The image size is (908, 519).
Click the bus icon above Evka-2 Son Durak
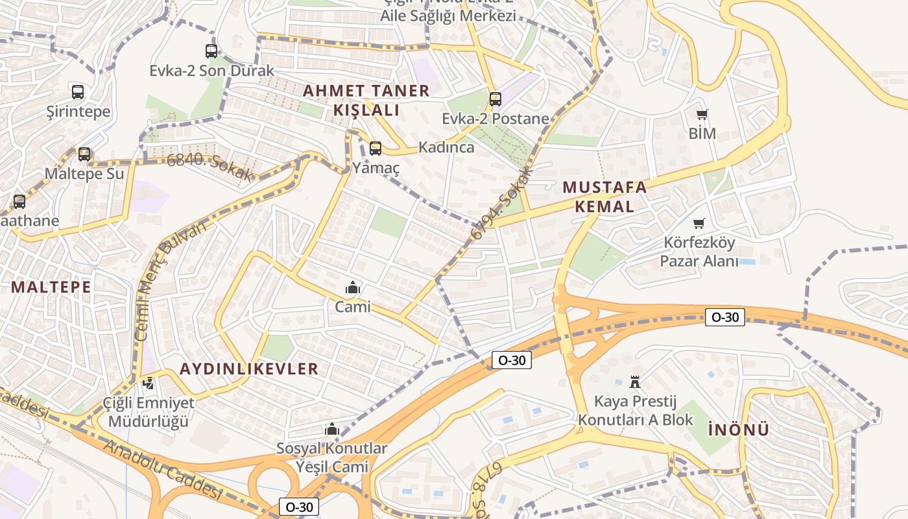(x=211, y=51)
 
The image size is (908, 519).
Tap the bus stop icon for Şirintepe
(x=78, y=92)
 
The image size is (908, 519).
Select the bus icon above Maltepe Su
(x=84, y=154)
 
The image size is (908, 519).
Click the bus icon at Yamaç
(x=376, y=149)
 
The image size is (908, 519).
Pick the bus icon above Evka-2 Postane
(x=496, y=99)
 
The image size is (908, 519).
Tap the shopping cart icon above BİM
(x=702, y=115)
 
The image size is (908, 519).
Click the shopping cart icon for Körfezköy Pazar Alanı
(x=699, y=224)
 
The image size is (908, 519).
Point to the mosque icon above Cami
(x=353, y=287)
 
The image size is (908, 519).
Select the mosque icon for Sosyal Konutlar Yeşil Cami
(x=332, y=429)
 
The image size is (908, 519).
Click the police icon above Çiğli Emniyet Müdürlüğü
(x=149, y=383)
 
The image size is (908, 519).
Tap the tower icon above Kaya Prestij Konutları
(x=635, y=381)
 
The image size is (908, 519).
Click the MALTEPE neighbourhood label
(x=51, y=287)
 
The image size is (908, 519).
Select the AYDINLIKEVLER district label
(x=249, y=369)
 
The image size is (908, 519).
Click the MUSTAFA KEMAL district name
(x=604, y=197)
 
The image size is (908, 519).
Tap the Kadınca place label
(x=446, y=147)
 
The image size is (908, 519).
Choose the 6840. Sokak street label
(x=209, y=167)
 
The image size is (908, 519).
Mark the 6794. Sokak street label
(x=501, y=203)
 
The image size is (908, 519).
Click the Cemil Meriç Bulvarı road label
(x=170, y=280)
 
